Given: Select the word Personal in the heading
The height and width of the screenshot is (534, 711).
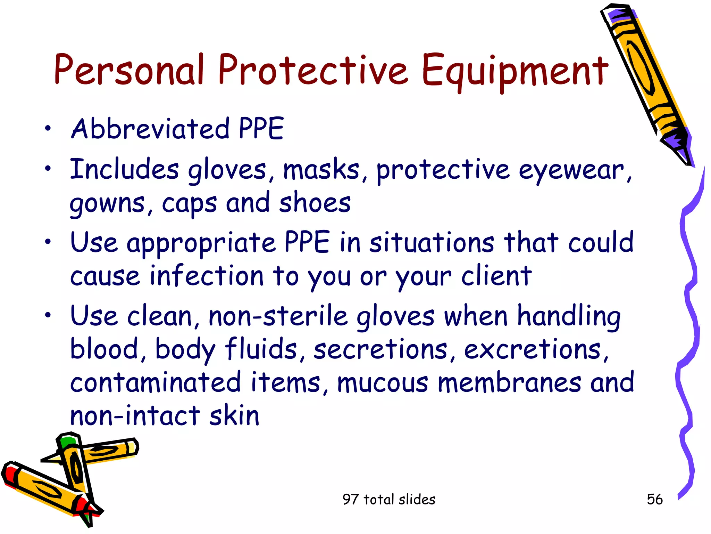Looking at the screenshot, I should (128, 70).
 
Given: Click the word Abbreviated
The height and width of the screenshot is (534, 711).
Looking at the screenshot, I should (150, 129).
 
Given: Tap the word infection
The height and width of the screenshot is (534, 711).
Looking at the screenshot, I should (207, 276).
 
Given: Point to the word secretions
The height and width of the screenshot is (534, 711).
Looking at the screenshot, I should (380, 349).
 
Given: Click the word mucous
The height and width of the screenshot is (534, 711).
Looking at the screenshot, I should (383, 382).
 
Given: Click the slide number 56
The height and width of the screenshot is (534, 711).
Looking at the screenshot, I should (654, 499).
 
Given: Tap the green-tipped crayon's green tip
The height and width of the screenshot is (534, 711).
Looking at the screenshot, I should (67, 442).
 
